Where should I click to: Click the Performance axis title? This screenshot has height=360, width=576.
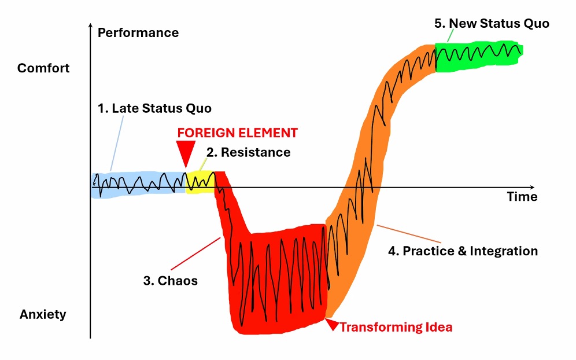[x=138, y=32]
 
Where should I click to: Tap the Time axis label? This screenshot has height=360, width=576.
[x=522, y=197]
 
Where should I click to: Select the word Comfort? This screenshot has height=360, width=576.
[x=43, y=68]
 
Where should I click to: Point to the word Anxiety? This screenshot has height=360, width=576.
[x=43, y=315]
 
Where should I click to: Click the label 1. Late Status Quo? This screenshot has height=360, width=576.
[x=154, y=108]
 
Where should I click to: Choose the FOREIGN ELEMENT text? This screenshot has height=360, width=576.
[x=237, y=133]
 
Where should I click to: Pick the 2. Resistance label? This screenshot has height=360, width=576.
[x=248, y=153]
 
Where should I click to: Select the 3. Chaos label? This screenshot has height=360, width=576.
[x=171, y=281]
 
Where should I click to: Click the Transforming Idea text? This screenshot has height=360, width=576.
[x=396, y=328]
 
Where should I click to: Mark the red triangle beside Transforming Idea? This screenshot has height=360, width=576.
[x=331, y=325]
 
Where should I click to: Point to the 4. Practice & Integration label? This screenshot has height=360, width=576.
[x=463, y=251]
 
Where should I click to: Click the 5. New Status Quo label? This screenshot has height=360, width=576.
[x=492, y=24]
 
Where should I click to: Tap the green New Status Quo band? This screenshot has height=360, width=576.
[x=479, y=57]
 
